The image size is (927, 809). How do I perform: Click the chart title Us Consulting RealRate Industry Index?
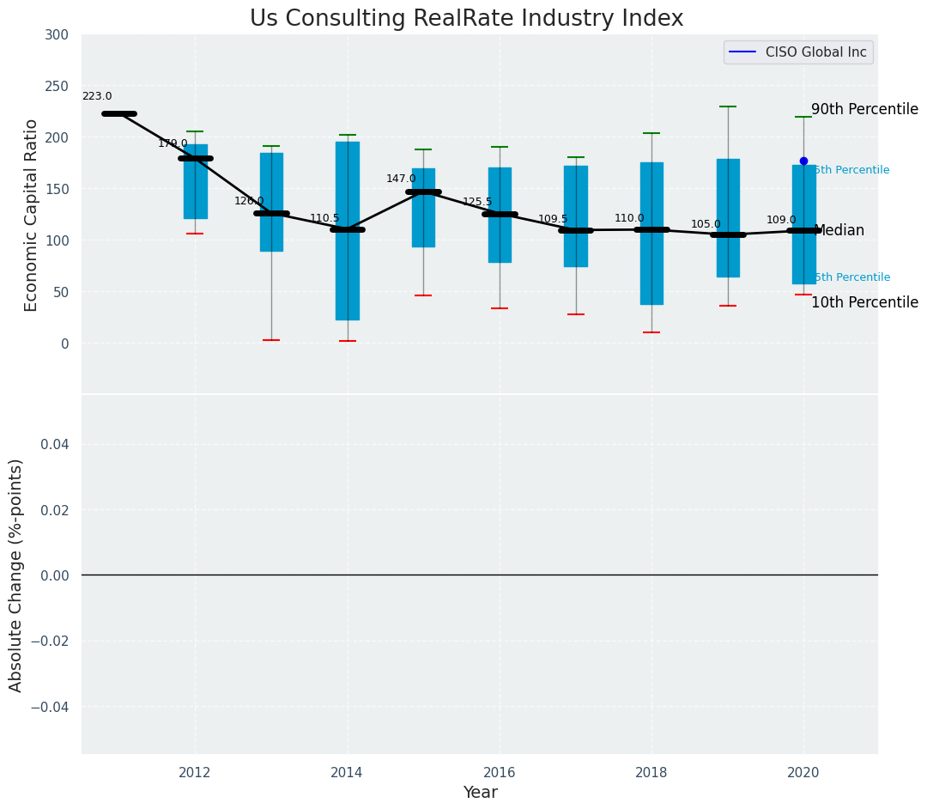[x=466, y=19]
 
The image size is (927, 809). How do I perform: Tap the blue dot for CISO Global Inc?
[x=803, y=161]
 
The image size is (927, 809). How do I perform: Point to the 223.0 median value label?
[x=97, y=97]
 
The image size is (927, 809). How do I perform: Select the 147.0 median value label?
[x=401, y=179]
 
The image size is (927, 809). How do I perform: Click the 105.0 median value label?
[x=706, y=225]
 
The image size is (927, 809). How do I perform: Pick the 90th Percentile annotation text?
[x=864, y=110]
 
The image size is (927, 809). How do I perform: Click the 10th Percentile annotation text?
[x=864, y=303]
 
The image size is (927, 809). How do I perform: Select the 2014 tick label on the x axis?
[x=347, y=773]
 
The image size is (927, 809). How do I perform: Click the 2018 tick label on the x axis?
[x=651, y=773]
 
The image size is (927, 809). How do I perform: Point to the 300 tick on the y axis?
[x=58, y=35]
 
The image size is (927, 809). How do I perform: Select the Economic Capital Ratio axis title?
[x=32, y=215]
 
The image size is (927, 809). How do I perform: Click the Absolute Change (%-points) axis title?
[x=16, y=575]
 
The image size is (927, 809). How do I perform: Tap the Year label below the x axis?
[x=480, y=793]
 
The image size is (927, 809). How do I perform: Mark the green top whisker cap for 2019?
[x=728, y=106]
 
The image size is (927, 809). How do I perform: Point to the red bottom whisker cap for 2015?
[x=423, y=295]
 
